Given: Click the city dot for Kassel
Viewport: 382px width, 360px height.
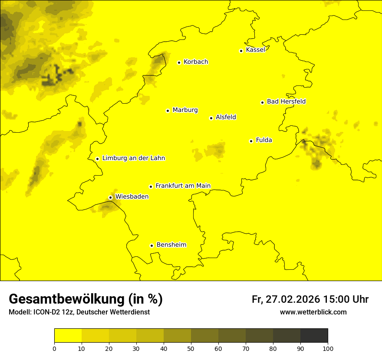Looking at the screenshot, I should pos(241,51).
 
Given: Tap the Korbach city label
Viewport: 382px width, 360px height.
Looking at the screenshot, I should pos(196,62).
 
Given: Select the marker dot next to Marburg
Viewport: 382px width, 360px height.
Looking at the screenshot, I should pos(168,111).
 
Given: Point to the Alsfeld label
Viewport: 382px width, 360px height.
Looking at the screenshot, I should pos(226,117).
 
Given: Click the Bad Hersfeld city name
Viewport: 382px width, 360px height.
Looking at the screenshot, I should pos(286,101).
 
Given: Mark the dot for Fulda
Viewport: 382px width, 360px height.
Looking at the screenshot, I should pos(251,141).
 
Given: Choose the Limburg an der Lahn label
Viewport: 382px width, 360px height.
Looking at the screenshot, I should pos(133,158).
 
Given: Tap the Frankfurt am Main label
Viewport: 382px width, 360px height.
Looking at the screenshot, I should pos(183,186).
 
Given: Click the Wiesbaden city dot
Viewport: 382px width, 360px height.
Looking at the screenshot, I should pos(111,197).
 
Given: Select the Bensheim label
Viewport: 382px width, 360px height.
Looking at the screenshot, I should pos(171,245).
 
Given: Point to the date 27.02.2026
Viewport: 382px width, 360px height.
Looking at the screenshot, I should pos(293,299).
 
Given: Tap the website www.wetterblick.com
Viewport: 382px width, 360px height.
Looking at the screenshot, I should pos(313,312).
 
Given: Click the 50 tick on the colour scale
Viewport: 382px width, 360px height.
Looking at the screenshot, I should pos(191,348).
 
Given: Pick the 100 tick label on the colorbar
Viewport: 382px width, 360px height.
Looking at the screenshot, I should pos(328,348).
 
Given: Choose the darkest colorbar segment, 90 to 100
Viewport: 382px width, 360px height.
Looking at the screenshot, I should pos(314,336).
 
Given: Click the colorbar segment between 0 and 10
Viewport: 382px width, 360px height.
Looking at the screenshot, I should pos(68,336).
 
